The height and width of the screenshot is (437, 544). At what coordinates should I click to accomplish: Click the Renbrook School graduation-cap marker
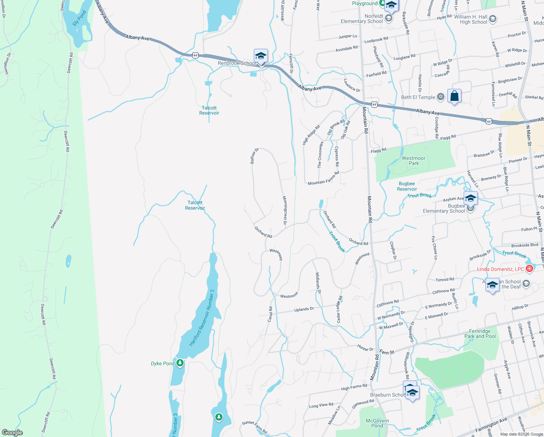(x=261, y=56)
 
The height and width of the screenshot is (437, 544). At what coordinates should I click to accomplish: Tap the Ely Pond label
(x=79, y=17)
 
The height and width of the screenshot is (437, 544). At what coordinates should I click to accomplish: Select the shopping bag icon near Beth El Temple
(x=454, y=97)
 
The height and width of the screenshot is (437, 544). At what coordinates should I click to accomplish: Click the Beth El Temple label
(x=418, y=97)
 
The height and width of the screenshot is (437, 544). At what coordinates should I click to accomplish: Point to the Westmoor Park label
(x=413, y=161)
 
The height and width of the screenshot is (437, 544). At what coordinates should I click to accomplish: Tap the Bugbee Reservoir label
(x=407, y=186)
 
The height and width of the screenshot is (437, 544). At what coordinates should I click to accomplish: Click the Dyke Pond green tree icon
(x=180, y=363)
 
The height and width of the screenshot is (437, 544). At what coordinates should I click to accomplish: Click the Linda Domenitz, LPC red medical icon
(x=529, y=269)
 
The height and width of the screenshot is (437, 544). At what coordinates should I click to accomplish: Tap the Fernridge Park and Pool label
(x=480, y=334)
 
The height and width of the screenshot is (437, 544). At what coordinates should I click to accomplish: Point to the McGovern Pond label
(x=377, y=423)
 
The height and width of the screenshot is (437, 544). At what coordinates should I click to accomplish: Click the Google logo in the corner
(x=12, y=432)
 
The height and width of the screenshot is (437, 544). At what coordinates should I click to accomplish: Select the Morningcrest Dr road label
(x=285, y=210)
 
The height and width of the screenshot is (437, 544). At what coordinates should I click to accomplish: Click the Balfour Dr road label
(x=254, y=155)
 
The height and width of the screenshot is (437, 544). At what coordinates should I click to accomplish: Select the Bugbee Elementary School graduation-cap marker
(x=470, y=198)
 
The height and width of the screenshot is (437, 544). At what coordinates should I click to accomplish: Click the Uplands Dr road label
(x=304, y=309)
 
